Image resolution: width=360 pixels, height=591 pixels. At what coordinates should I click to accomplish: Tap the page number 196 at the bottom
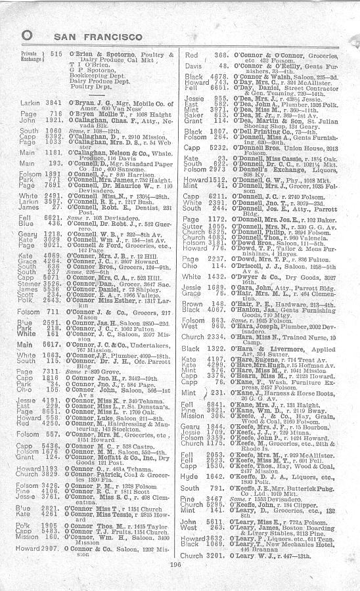point(175,563)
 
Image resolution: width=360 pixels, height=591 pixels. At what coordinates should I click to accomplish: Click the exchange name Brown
point(192,304)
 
